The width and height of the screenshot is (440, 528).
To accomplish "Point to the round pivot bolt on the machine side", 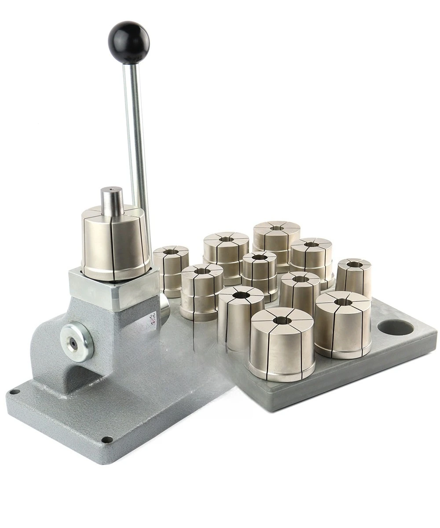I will [77, 341].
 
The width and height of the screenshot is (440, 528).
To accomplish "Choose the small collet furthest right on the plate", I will [354, 277].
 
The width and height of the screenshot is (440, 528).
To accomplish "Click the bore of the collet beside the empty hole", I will [343, 302].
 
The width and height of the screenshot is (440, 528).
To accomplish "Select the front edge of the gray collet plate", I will [343, 387].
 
